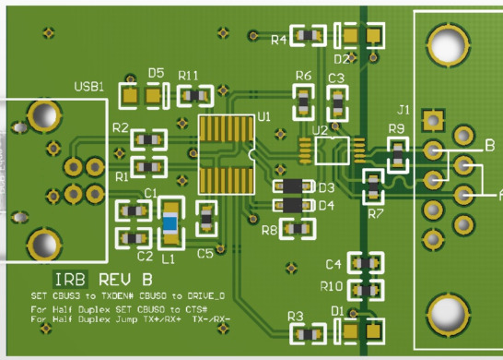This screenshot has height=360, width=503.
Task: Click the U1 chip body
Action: click(228, 155)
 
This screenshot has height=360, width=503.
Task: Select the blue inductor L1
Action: click(170, 223)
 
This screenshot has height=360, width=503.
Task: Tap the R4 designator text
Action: click(278, 39)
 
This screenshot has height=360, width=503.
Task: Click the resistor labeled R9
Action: click(397, 153)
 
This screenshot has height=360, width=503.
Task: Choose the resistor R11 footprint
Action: click(195, 95)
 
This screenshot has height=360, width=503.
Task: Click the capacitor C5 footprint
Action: click(206, 220)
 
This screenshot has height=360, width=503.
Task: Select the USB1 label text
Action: click(88, 87)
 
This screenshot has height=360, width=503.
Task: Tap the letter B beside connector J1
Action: click(489, 145)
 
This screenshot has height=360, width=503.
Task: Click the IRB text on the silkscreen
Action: click(71, 280)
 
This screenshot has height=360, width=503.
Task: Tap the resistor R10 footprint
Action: click(365, 287)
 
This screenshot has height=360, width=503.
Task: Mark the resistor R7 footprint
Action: click(373, 187)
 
